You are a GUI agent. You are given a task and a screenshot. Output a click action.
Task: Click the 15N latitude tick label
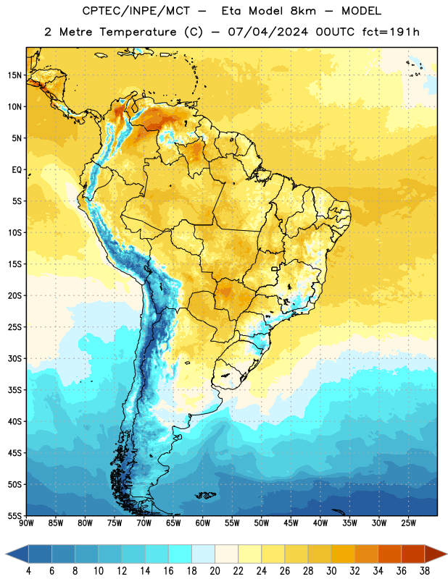[x=14, y=75]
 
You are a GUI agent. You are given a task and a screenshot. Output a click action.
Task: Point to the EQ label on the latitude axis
[x=17, y=170]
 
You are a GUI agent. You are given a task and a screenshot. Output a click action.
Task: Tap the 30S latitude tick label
[x=14, y=358]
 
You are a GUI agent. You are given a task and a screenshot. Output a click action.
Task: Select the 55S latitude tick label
[x=14, y=515]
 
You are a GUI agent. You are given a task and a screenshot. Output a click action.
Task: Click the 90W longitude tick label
[x=26, y=523]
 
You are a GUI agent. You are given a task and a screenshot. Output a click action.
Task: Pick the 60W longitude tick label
[x=203, y=523]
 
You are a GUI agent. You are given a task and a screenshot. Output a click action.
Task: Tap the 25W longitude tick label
[x=408, y=523]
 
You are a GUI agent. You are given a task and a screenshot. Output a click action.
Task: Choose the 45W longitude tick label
[x=291, y=523]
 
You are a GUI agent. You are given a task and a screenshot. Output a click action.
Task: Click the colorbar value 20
[x=215, y=571]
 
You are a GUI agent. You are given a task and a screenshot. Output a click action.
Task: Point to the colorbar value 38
[x=424, y=571]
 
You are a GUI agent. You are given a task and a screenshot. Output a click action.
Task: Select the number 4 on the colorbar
[x=28, y=571]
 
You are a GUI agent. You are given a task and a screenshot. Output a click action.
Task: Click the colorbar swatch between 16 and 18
[x=181, y=554]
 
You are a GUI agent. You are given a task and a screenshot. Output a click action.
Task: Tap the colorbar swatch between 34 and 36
[x=389, y=554]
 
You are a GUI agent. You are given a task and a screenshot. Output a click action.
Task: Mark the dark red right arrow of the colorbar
[x=435, y=554]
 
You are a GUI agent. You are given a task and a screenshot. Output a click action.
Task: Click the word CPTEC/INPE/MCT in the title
[x=136, y=11]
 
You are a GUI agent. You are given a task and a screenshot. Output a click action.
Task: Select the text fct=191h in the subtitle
[x=391, y=32]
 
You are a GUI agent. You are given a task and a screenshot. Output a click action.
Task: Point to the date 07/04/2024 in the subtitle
[x=268, y=32]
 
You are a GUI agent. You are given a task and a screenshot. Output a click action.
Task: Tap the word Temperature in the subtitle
[x=138, y=32]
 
